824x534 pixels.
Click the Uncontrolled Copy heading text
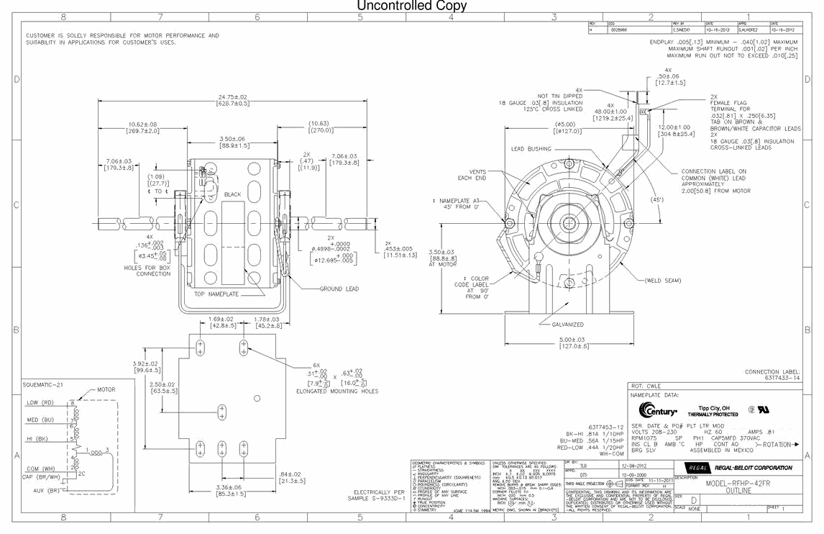[412, 6]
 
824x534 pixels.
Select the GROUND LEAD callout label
[339, 289]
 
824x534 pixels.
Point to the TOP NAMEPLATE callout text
[216, 294]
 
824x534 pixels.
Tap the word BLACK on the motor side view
[232, 195]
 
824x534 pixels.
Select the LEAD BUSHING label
[531, 149]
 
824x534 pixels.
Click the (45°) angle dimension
[656, 199]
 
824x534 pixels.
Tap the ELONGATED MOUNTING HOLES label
[337, 392]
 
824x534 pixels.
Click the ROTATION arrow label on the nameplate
[774, 444]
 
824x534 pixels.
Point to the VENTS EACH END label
[472, 174]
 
